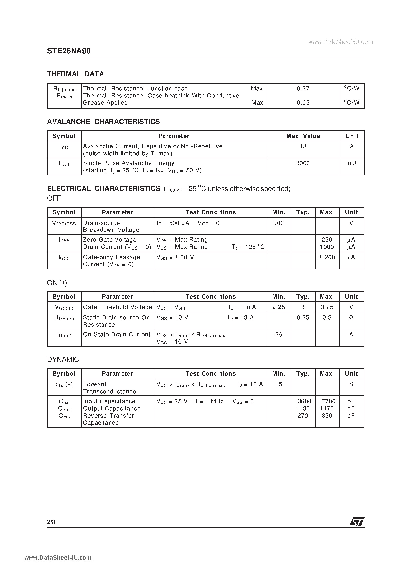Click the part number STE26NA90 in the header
click(69, 51)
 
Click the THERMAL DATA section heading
click(75, 74)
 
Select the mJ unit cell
click(352, 163)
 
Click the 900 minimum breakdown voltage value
click(278, 223)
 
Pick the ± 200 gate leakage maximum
click(327, 257)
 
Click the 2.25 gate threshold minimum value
click(278, 307)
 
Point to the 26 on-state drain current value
click(278, 334)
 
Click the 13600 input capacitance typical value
click(303, 401)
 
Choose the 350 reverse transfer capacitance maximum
click(327, 416)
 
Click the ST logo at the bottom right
click(357, 522)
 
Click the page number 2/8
click(51, 522)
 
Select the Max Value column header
click(303, 136)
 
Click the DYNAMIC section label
click(63, 359)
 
